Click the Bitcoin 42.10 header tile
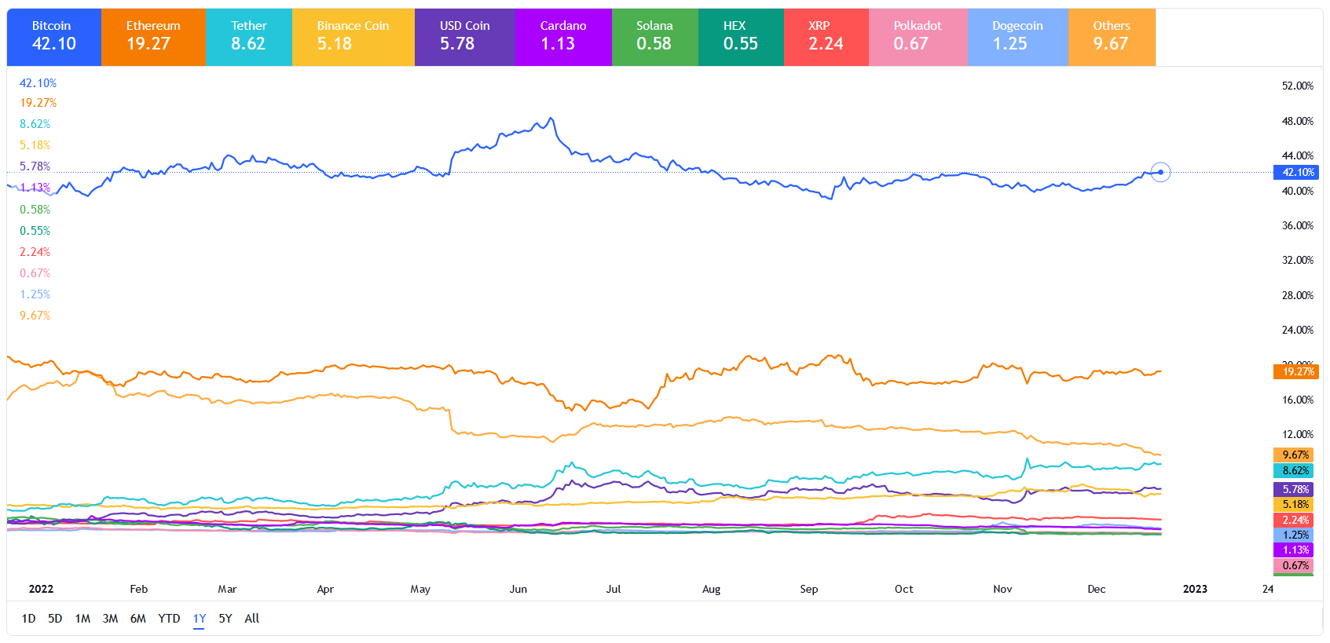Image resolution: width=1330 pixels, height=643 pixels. [x=53, y=37]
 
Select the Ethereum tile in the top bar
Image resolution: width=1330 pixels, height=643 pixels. [x=153, y=37]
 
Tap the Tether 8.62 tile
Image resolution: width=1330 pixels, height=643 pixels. [x=248, y=37]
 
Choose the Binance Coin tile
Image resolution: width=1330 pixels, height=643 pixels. [x=353, y=37]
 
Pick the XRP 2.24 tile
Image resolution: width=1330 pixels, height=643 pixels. [x=826, y=37]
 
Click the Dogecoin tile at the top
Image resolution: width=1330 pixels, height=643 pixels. [x=1017, y=37]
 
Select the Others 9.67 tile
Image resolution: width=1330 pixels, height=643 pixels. [x=1111, y=37]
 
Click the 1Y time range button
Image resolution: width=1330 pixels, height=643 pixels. [x=200, y=619]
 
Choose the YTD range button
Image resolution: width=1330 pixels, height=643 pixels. [x=169, y=619]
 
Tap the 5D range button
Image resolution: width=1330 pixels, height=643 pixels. [x=55, y=619]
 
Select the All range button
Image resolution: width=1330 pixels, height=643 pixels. [x=251, y=619]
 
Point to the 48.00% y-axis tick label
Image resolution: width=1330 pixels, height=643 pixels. [x=1297, y=121]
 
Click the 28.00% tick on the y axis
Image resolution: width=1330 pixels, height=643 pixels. [x=1297, y=295]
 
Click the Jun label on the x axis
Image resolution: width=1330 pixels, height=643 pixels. [x=518, y=589]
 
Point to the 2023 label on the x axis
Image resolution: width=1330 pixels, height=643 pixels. [x=1195, y=589]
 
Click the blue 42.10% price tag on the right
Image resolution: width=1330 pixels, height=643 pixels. [x=1296, y=172]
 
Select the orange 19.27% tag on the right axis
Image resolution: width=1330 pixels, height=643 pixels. [x=1296, y=371]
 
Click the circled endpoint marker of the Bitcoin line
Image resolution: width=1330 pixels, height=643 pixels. [x=1160, y=172]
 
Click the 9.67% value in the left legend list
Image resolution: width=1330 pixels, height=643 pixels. [x=35, y=316]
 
